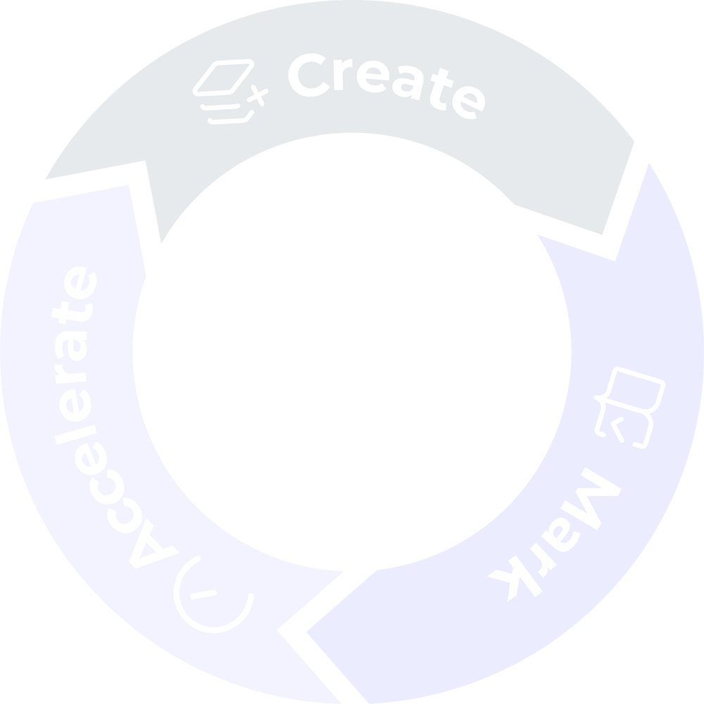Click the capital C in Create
309,75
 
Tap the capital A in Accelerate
152,543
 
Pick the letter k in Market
514,579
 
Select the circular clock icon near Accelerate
214,594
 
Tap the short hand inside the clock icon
203,594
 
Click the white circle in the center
352,352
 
